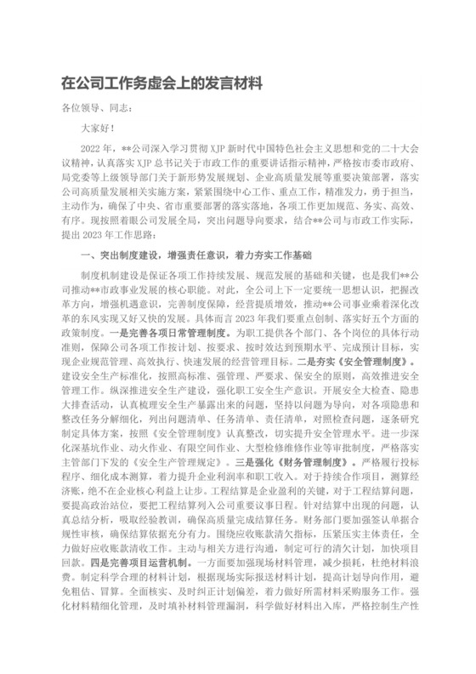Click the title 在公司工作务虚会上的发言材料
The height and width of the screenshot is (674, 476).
coord(161,85)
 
